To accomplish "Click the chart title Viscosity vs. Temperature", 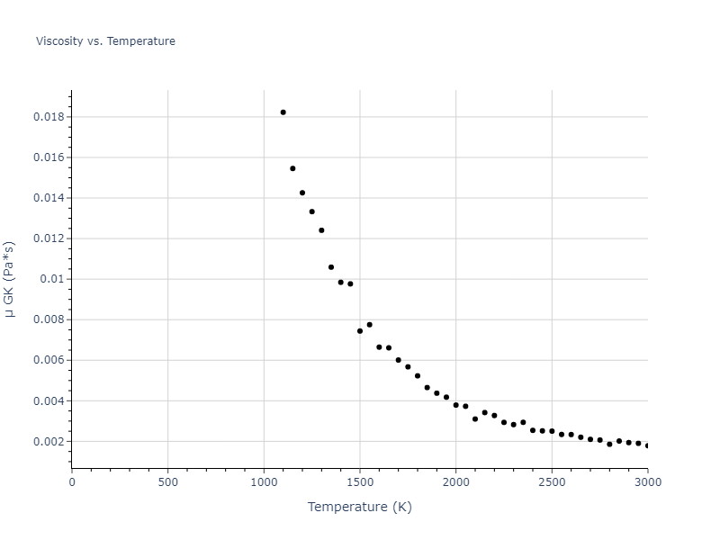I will click(105, 41).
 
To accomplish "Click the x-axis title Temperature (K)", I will click(359, 507).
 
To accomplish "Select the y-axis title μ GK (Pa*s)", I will click(10, 279).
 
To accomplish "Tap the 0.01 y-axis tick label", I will click(54, 279).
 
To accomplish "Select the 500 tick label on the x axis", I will click(167, 481).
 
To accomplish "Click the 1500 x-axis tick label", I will click(360, 481).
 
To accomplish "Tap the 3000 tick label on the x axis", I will click(647, 481).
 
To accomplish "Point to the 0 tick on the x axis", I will click(72, 481).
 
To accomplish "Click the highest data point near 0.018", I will click(283, 112).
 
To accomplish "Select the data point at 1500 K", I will click(360, 331).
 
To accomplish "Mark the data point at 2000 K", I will click(455, 405).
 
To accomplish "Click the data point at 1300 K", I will click(321, 230).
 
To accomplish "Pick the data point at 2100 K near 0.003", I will click(475, 419).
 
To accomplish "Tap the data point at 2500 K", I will click(552, 431).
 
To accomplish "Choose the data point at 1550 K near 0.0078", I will click(369, 325).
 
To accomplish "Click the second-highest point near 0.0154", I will click(292, 168).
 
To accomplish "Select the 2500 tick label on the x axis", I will click(552, 481).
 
